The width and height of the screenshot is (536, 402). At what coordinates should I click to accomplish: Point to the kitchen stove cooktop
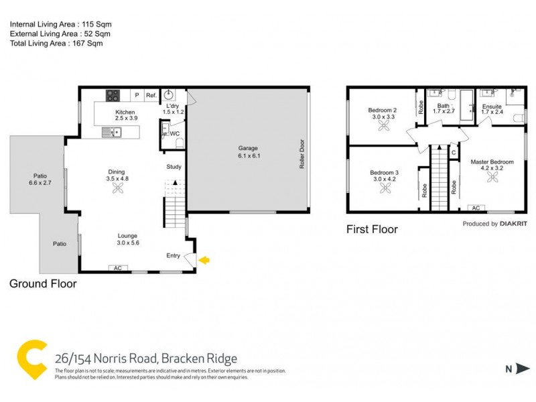tap(112, 95)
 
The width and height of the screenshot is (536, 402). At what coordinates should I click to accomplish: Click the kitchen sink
tap(111, 133)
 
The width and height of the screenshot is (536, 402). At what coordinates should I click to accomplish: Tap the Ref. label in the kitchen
tap(151, 96)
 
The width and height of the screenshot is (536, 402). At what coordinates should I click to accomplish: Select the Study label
tap(174, 167)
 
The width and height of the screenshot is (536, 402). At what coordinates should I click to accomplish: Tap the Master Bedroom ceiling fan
tap(492, 177)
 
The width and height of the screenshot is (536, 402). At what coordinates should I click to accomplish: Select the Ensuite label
tap(492, 107)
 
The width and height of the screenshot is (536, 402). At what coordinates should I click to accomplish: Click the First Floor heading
tap(372, 230)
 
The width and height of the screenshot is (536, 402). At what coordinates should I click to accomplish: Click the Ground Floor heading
tap(43, 283)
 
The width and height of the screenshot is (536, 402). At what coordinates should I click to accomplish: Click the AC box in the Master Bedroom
tap(477, 208)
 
